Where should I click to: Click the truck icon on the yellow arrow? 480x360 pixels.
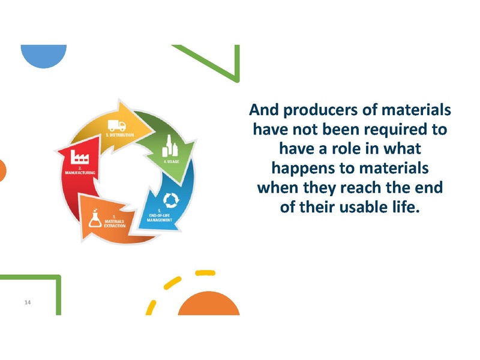coord(117,126)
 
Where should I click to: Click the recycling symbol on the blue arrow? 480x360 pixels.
coord(172,199)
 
